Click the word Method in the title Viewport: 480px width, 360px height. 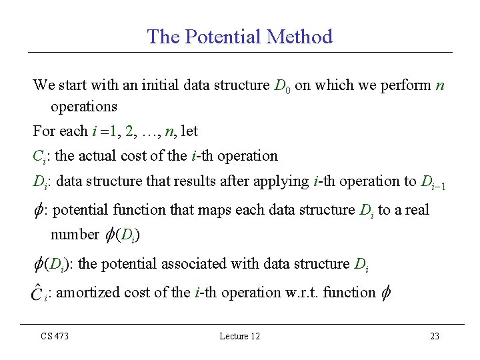299,37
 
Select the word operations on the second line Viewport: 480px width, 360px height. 84,106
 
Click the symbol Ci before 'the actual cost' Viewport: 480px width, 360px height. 40,157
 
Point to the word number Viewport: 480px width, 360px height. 74,235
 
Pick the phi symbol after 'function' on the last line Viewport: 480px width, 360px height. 385,293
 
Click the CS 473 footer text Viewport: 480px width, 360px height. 54,336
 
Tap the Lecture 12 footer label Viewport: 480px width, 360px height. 239,336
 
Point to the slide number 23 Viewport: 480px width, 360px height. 434,336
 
